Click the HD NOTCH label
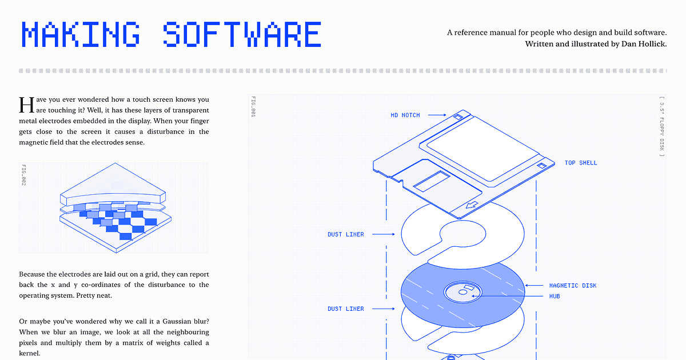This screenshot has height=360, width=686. pyautogui.click(x=405, y=115)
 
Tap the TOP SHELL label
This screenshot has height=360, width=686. pyautogui.click(x=580, y=163)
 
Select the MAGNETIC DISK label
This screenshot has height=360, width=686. pyautogui.click(x=572, y=286)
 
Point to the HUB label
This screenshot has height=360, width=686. pyautogui.click(x=555, y=297)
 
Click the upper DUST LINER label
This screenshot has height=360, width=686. pyautogui.click(x=345, y=234)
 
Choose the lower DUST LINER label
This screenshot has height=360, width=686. pyautogui.click(x=345, y=309)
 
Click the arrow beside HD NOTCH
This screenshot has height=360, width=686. pyautogui.click(x=437, y=115)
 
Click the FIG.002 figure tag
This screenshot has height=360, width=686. pyautogui.click(x=24, y=175)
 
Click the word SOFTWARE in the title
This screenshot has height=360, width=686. pyautogui.click(x=242, y=34)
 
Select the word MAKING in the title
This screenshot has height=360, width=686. pyautogui.click(x=81, y=34)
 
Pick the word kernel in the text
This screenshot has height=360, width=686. pyautogui.click(x=30, y=354)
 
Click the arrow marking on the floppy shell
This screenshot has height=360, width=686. pyautogui.click(x=472, y=204)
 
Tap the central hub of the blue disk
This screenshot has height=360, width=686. pyautogui.click(x=462, y=293)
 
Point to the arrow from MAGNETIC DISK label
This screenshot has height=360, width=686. pyautogui.click(x=534, y=286)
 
